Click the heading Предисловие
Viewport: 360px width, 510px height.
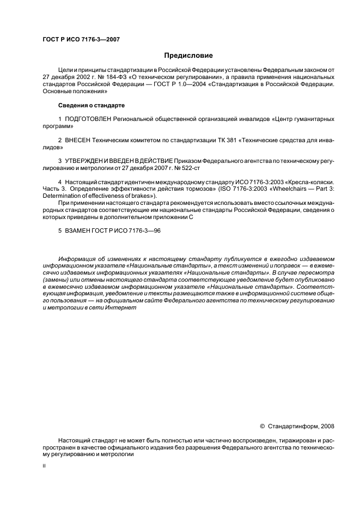(188, 56)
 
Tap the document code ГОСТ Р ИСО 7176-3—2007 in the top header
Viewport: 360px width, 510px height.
(81, 39)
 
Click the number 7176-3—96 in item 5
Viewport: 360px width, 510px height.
(144, 231)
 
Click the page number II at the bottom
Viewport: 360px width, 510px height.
(44, 466)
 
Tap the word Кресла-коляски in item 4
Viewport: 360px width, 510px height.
(308, 182)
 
